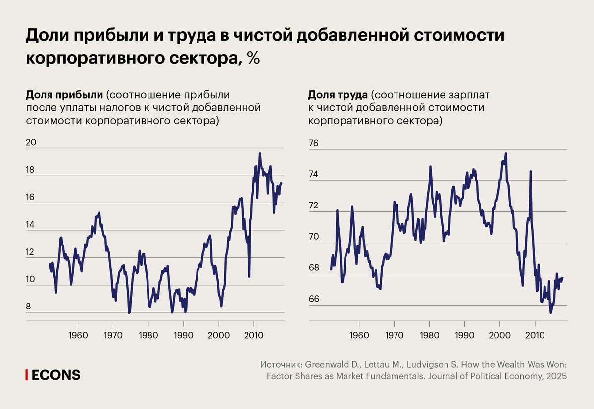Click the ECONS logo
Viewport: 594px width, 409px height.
click(53, 375)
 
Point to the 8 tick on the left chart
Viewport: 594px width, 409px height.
click(28, 307)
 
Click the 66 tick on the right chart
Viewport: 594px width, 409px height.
click(314, 300)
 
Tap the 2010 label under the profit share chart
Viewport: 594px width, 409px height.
click(253, 335)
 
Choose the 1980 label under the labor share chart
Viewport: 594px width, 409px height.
click(429, 335)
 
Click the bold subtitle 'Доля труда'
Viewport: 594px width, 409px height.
click(338, 95)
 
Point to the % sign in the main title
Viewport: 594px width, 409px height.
click(253, 58)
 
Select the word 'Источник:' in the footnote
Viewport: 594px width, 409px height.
click(281, 365)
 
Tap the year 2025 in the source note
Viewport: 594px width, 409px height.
click(555, 376)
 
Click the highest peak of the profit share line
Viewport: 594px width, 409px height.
click(259, 153)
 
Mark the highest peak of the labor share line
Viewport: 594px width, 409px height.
click(506, 153)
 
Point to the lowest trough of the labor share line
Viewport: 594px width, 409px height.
click(551, 313)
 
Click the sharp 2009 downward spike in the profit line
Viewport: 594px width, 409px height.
click(249, 276)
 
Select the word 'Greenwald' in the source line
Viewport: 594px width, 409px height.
click(324, 365)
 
